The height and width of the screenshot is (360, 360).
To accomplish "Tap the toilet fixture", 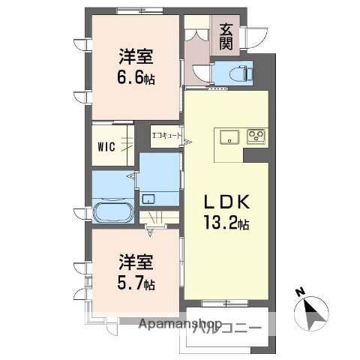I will tap(233, 73).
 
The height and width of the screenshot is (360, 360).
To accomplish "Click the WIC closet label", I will tap(105, 146).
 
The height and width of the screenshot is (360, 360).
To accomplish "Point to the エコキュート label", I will tap(167, 136).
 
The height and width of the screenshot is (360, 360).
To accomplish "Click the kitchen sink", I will tap(228, 137).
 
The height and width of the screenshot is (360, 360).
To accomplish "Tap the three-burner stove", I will tap(256, 137).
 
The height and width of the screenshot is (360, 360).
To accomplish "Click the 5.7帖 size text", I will tap(135, 284).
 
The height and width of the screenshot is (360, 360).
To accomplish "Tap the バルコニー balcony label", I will tap(227, 328).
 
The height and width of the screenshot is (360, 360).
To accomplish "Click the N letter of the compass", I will tap(300, 292).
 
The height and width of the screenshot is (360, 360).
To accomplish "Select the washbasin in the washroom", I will tap(149, 199).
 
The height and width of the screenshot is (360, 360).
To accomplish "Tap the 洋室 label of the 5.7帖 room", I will tap(136, 263).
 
